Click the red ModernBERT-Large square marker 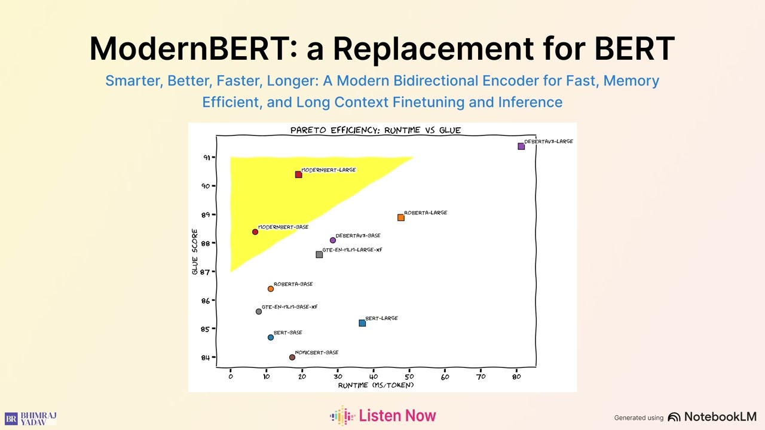298,174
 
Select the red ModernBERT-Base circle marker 255,232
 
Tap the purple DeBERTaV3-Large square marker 521,146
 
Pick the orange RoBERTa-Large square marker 401,217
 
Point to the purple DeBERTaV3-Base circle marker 333,240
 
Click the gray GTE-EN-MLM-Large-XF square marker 319,254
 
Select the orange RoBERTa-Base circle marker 271,289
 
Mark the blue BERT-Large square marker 362,323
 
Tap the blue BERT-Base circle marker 271,337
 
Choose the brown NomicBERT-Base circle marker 292,357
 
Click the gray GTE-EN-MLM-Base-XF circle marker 259,312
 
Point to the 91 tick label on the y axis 207,158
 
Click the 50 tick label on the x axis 409,376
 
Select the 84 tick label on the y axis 206,358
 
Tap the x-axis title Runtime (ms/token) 376,385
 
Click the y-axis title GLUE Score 195,252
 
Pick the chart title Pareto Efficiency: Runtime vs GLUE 375,130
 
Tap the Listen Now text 397,416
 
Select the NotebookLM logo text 720,417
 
